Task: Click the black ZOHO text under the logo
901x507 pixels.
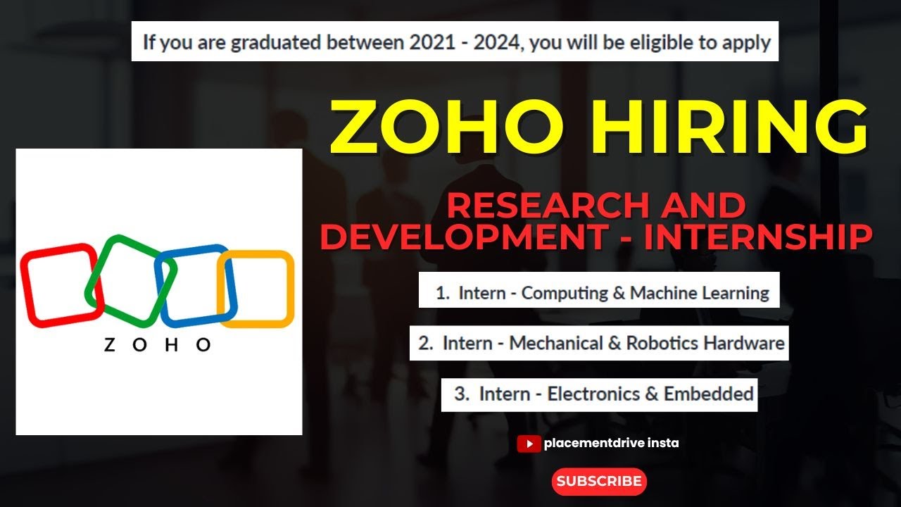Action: pyautogui.click(x=158, y=344)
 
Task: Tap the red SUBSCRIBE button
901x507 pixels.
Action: pyautogui.click(x=598, y=482)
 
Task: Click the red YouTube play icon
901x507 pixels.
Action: pyautogui.click(x=528, y=444)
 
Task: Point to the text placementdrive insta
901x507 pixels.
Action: pyautogui.click(x=611, y=444)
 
